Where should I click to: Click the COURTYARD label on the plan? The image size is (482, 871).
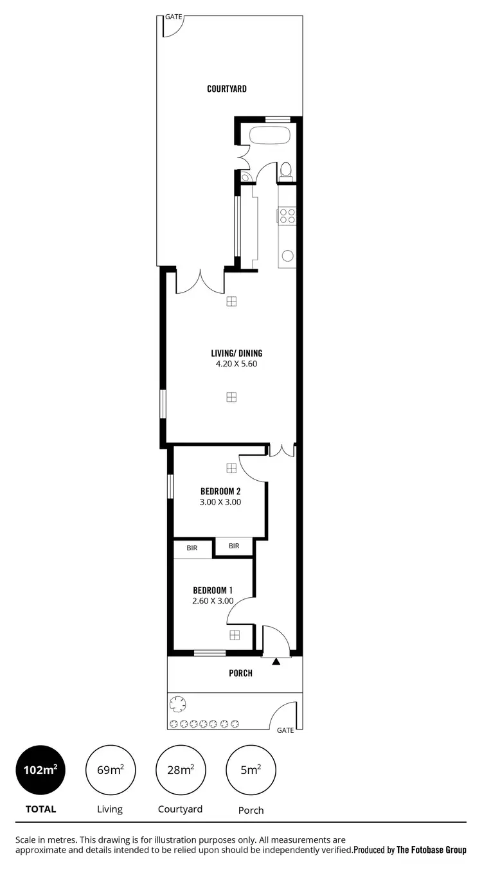(x=226, y=89)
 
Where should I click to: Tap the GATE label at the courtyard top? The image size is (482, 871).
(x=174, y=17)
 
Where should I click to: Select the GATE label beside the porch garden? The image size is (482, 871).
(x=285, y=730)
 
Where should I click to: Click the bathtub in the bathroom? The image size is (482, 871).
(x=269, y=136)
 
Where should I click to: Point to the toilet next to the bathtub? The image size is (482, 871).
(x=286, y=171)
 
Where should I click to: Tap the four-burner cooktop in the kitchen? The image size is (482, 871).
(x=287, y=216)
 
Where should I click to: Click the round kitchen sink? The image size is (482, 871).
(x=287, y=256)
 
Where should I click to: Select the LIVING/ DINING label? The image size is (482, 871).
(x=237, y=353)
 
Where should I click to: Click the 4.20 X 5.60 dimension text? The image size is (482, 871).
(x=237, y=364)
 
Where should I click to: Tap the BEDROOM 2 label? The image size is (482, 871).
(x=220, y=491)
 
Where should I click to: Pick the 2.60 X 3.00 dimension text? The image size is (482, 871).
(x=212, y=602)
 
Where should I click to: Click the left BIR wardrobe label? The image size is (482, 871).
(x=192, y=548)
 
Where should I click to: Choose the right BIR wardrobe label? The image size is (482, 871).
(x=234, y=546)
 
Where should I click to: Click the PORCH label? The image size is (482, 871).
(x=241, y=674)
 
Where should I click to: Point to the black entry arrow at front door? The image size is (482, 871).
(x=276, y=661)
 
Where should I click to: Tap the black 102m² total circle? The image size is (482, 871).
(x=40, y=770)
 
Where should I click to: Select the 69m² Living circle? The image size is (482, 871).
(x=110, y=770)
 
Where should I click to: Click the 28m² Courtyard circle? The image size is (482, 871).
(x=181, y=770)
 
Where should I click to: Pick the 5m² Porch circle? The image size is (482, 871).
(x=251, y=770)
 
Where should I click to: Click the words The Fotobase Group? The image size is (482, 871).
(x=431, y=850)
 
